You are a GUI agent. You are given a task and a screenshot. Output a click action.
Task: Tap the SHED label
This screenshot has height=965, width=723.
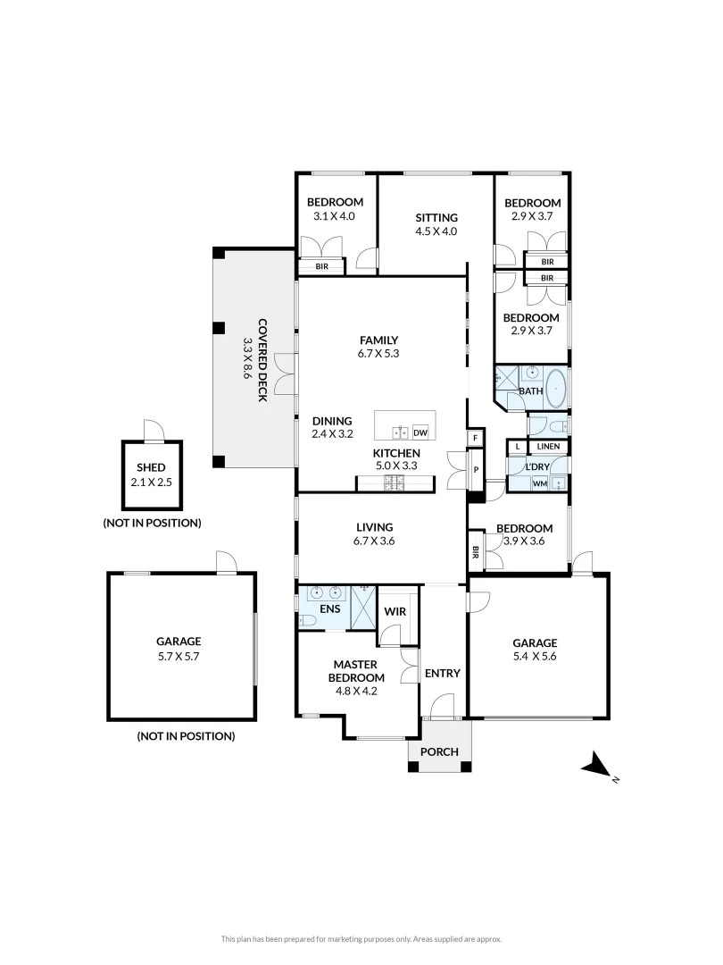151,467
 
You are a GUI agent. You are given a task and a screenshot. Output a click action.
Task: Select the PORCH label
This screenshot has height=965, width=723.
439,751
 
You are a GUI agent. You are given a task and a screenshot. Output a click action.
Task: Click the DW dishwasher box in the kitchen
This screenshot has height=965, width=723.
420,433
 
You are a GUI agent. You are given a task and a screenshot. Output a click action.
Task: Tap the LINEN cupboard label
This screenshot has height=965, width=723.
548,446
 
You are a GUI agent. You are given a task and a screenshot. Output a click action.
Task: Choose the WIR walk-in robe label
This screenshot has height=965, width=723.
395,611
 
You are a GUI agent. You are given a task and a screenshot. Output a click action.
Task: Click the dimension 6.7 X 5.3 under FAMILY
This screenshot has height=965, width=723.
378,354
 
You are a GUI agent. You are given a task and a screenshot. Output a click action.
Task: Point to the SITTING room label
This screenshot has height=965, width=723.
436,217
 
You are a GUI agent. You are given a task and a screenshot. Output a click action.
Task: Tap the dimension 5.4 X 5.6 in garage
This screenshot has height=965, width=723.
535,657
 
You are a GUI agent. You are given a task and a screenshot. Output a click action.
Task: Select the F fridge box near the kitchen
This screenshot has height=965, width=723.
475,438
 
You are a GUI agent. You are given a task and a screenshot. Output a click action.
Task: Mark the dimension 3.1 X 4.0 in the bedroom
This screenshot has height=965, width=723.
334,216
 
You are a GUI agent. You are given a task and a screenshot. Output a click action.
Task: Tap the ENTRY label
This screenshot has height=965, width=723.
442,673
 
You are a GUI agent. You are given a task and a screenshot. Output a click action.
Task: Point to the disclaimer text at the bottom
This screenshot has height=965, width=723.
361,939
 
